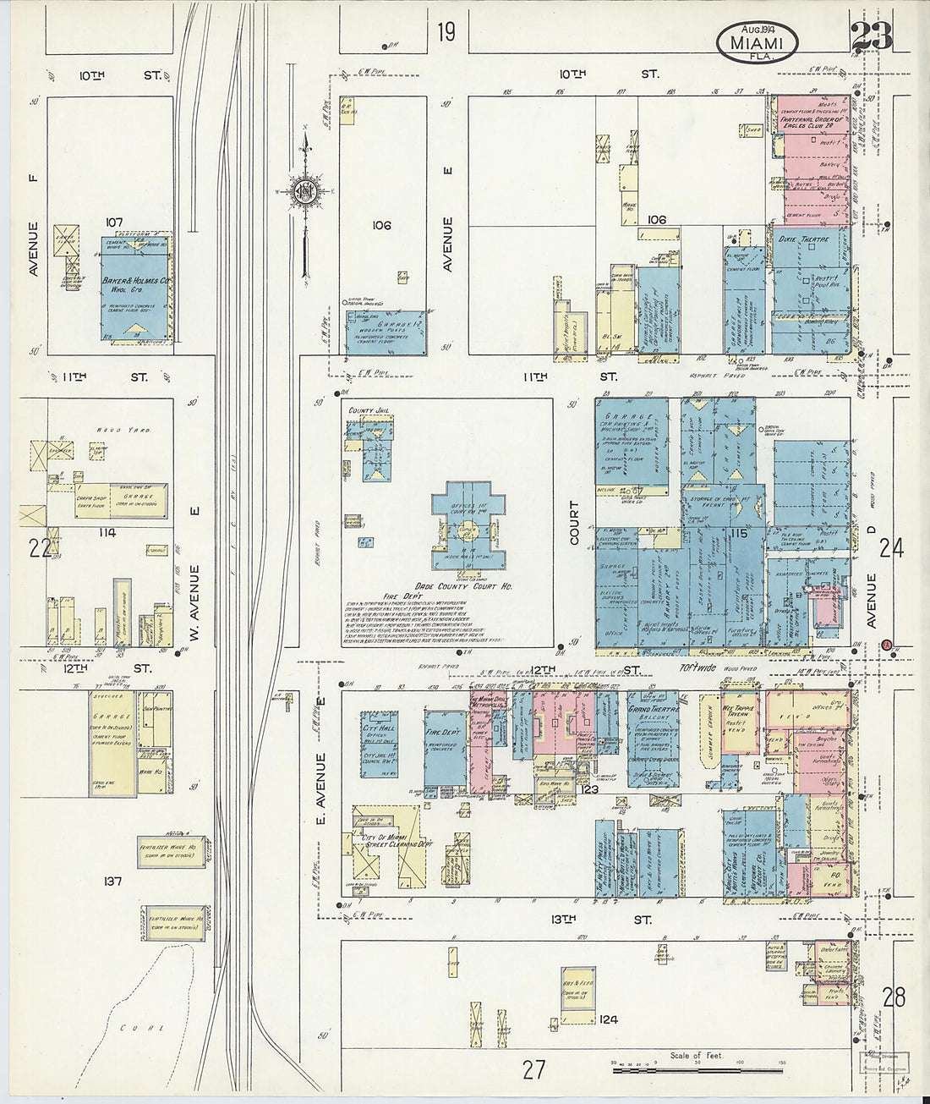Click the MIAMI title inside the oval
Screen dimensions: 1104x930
(x=758, y=41)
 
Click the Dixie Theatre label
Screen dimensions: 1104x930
(x=799, y=239)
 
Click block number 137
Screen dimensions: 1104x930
(x=112, y=882)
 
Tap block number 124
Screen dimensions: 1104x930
(x=607, y=1019)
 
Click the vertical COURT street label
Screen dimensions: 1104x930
(x=575, y=522)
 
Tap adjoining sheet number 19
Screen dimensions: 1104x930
(x=446, y=32)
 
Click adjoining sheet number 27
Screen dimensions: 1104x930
(x=533, y=1069)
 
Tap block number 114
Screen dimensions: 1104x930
(x=106, y=533)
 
